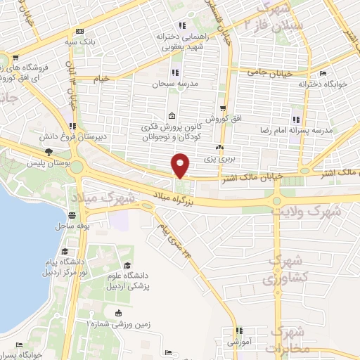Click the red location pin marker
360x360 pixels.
181,167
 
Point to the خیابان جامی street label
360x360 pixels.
267,71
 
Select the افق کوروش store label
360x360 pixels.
223,120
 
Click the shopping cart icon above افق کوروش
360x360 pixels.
223,108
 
